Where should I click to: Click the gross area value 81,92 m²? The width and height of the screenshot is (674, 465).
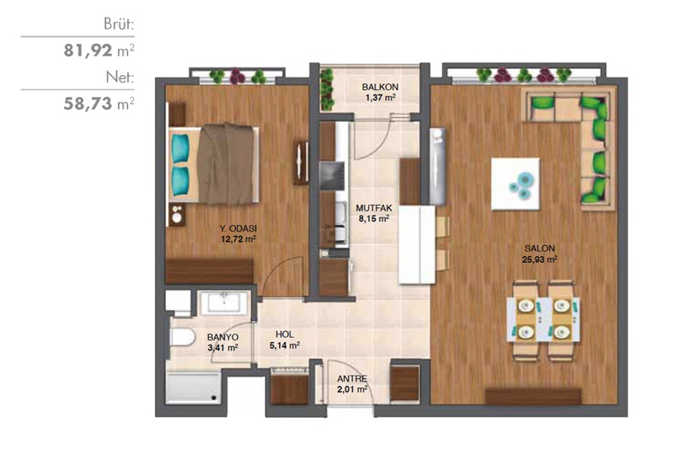[99, 51]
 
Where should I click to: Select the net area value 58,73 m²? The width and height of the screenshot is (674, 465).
[99, 104]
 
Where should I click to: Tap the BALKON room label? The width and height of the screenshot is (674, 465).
[380, 87]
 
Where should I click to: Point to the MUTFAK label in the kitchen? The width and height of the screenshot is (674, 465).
[374, 208]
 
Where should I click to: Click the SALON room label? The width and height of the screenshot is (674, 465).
[539, 249]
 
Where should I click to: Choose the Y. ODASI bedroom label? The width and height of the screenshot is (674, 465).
[238, 228]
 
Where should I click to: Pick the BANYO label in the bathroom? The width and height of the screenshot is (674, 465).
[222, 337]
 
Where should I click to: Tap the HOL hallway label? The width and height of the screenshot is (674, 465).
[285, 334]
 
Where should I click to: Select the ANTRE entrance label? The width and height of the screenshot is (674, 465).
[352, 379]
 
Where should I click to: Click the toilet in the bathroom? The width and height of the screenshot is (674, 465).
[183, 337]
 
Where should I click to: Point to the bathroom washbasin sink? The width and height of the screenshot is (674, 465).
[224, 302]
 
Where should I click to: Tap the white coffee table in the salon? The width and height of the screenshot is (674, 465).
[516, 184]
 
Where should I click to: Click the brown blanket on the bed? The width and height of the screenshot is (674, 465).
[225, 163]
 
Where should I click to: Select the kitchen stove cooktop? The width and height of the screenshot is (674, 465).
[332, 176]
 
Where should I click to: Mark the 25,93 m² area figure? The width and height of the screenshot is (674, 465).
[539, 259]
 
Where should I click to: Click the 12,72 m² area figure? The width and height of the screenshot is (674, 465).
[238, 239]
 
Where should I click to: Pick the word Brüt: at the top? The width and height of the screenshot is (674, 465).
[119, 24]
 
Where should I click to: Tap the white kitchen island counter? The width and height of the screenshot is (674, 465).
[417, 244]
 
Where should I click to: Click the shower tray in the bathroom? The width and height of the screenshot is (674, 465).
[194, 388]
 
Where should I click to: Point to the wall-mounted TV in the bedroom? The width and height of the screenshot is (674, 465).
[302, 163]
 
